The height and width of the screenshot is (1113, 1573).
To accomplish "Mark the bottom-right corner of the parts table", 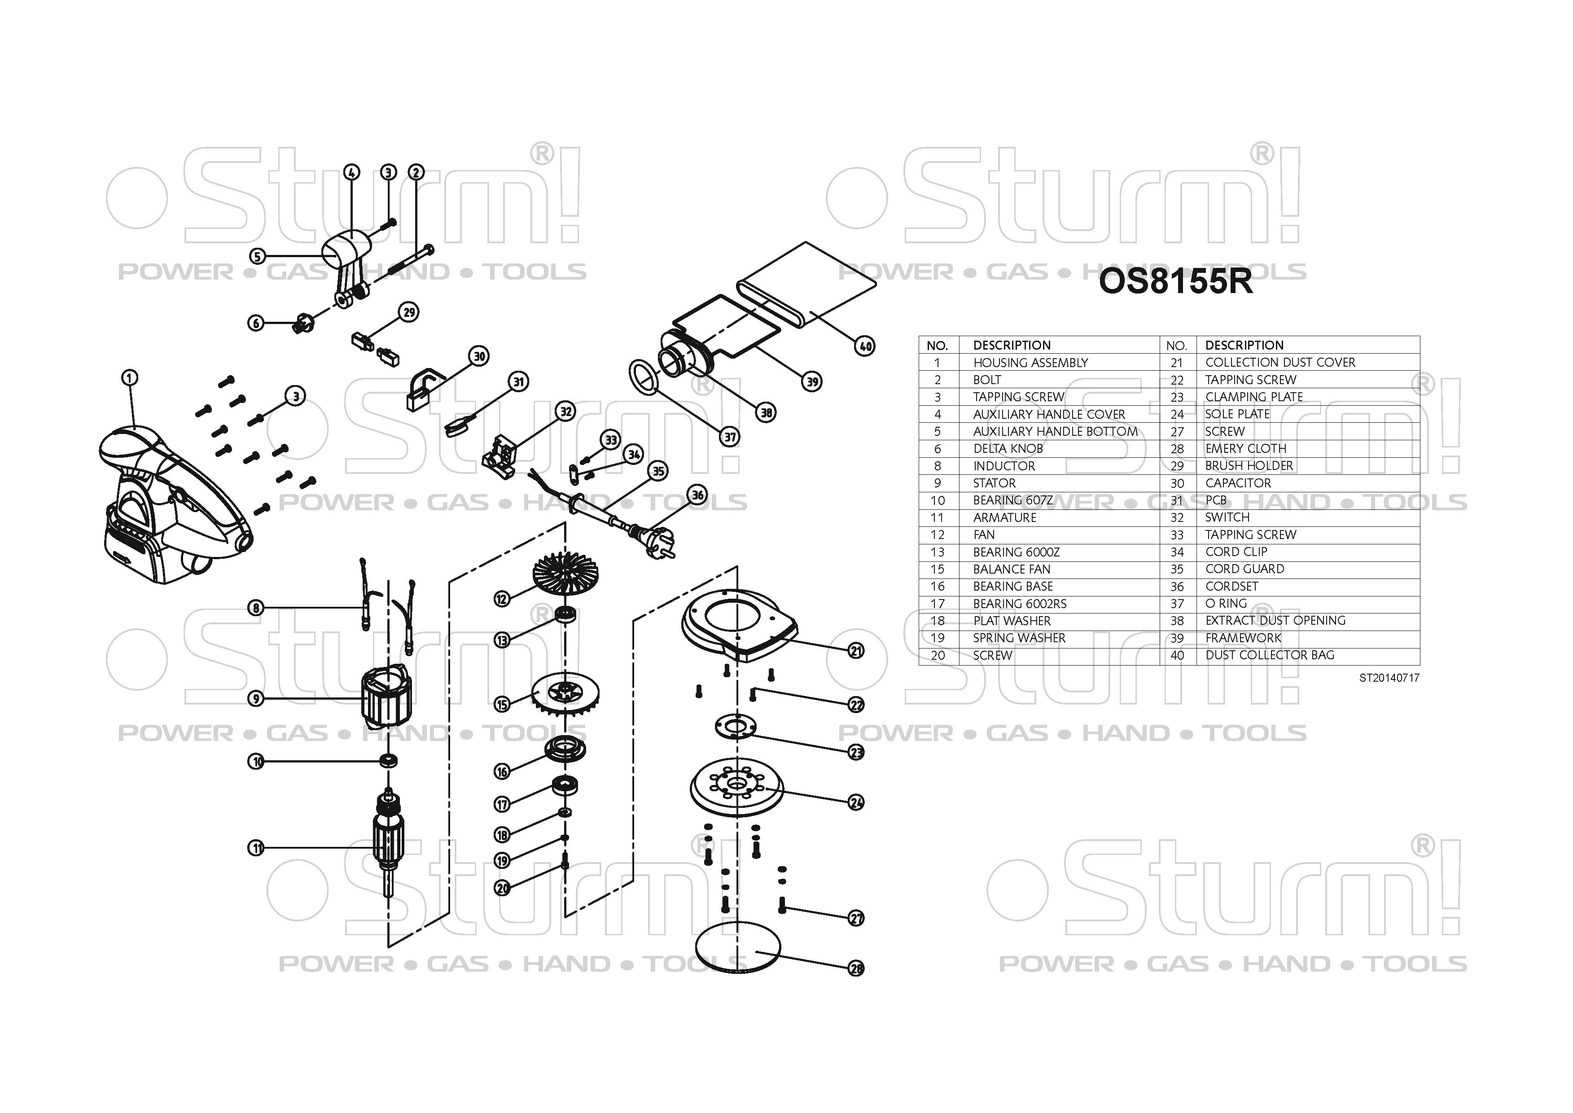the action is [1420, 664].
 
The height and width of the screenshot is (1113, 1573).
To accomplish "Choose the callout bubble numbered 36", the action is [697, 495].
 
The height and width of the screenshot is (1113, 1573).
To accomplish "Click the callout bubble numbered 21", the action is [856, 650].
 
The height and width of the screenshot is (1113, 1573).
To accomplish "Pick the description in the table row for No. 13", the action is [1017, 552].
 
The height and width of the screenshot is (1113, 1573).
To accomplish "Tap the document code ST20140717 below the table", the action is [1389, 678].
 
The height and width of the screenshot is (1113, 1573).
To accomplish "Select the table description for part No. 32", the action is [1227, 517].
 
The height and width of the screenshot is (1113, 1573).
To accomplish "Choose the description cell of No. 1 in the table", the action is [1030, 363].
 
